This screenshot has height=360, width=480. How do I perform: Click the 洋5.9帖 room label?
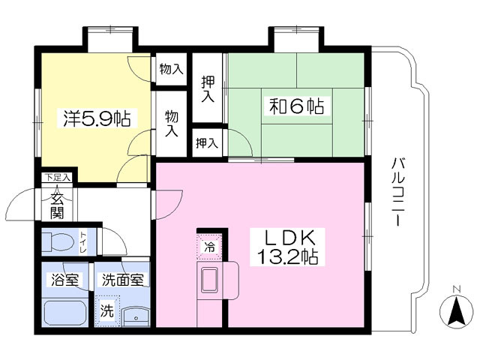[x=97, y=118]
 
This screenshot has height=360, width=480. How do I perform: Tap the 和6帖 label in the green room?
[x=296, y=106]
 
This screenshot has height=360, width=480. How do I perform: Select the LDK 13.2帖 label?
[x=287, y=247]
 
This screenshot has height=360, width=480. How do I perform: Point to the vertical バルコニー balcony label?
[x=398, y=192]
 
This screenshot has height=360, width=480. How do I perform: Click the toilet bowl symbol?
[x=58, y=241]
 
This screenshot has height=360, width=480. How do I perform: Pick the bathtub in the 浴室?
[x=65, y=313]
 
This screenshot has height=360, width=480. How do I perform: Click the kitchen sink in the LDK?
[x=209, y=280]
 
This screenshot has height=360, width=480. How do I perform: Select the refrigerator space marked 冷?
[x=209, y=247]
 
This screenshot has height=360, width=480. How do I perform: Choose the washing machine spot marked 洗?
[x=107, y=311]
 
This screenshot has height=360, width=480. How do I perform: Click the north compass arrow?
[x=457, y=311]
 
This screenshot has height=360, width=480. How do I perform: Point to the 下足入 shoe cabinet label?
[x=58, y=177]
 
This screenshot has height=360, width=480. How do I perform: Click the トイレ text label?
[x=83, y=242]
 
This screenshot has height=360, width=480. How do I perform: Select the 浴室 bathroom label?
[x=65, y=280]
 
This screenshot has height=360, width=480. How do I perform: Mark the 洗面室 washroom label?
[x=122, y=280]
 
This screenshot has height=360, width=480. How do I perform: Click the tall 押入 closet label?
[x=208, y=88]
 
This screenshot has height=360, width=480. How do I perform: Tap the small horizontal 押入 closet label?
[x=207, y=143]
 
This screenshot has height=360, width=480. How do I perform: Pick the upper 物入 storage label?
[x=172, y=70]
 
